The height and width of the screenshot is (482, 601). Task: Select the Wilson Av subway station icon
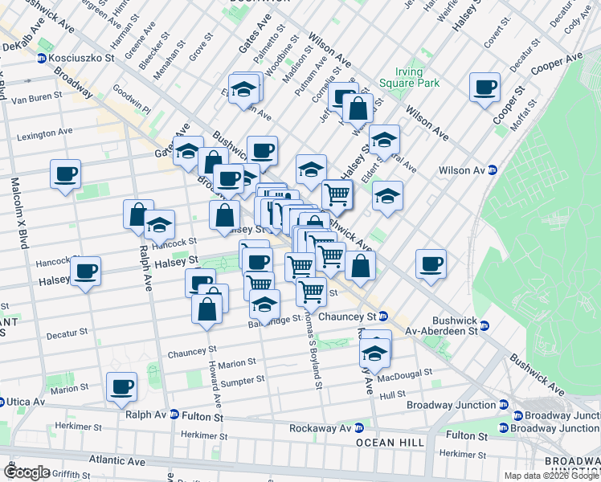(493, 170)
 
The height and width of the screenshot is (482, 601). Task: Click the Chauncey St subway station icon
(383, 317)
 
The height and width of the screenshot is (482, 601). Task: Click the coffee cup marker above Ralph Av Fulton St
(122, 387)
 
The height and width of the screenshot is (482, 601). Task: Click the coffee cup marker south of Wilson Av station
(431, 264)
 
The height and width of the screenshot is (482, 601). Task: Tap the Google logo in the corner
(26, 472)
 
